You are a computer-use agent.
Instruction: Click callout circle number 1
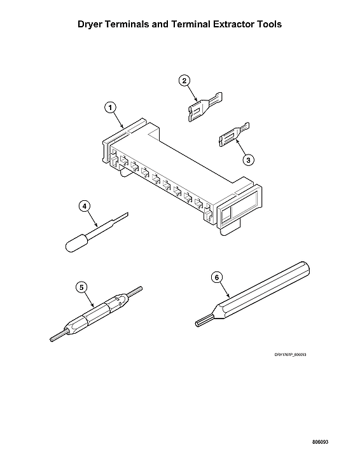tap(111, 108)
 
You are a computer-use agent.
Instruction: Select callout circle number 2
tap(184, 81)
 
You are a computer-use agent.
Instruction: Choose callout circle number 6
tap(216, 278)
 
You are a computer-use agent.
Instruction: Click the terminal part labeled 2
tap(205, 106)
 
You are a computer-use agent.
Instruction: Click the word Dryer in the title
tap(93, 25)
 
